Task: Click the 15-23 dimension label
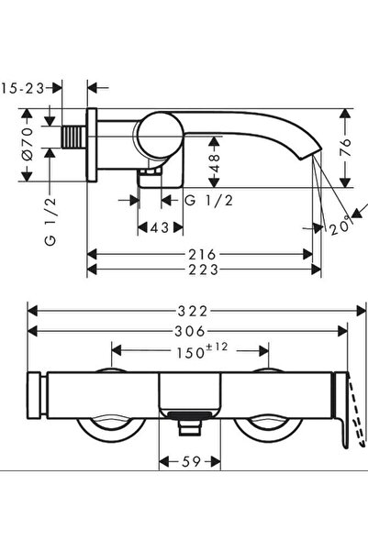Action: tap(23, 88)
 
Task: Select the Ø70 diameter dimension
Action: tap(28, 146)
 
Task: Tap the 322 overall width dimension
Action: tap(188, 312)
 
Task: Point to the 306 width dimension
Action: tap(188, 331)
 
